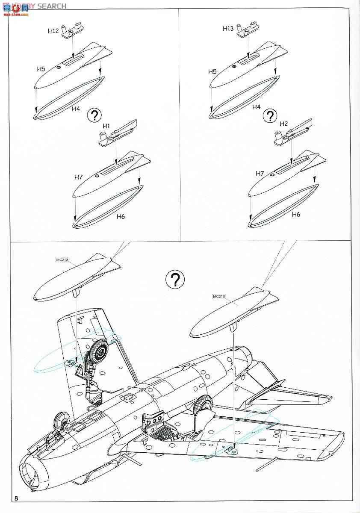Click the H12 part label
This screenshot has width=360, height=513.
tap(53, 31)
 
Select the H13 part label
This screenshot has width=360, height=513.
tap(228, 29)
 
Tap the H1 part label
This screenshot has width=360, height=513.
tap(106, 126)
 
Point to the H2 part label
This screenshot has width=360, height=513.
tap(283, 124)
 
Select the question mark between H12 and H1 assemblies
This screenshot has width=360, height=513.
tap(94, 115)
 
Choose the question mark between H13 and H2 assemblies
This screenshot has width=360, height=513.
tap(270, 116)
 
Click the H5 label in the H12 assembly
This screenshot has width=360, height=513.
tap(41, 68)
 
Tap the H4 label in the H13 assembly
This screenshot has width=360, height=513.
tap(256, 107)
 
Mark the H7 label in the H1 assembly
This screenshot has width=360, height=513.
tap(78, 177)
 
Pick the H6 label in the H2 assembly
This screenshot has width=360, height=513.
tap(296, 214)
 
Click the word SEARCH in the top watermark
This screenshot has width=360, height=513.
tap(52, 6)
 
